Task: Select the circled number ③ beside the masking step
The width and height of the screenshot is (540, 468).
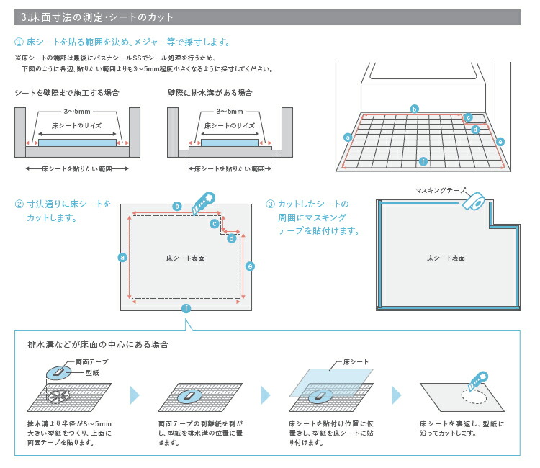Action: (270, 204)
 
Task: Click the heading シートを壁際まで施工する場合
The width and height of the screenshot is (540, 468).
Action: (66, 94)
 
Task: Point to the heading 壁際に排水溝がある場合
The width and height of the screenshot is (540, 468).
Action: (210, 94)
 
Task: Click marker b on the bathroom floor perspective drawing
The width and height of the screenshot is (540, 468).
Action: (414, 109)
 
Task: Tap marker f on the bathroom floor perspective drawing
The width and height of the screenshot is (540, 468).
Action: (423, 161)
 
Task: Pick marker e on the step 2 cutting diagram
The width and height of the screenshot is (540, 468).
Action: (250, 266)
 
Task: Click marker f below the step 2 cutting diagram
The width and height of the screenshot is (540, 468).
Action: (186, 308)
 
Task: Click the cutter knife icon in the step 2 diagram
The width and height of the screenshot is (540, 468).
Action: (202, 204)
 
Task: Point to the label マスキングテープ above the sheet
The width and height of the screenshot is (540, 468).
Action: (441, 190)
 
